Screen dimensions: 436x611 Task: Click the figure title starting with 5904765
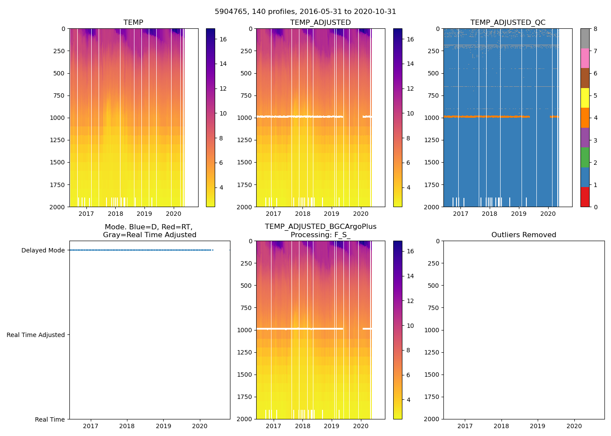305,12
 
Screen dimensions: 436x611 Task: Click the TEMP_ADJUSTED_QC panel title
508,22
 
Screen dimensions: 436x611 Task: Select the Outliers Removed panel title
524,235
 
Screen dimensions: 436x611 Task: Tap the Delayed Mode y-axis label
43,250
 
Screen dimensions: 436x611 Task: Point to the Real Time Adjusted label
36,335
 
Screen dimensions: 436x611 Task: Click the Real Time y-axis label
50,419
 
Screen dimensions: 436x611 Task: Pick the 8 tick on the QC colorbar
595,29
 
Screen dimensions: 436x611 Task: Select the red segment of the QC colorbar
585,197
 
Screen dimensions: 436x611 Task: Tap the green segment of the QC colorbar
585,157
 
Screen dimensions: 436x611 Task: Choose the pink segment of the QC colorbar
585,58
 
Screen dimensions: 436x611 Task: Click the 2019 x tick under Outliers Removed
538,426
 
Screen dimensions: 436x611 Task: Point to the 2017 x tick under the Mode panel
90,426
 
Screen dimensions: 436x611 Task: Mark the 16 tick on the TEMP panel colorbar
223,39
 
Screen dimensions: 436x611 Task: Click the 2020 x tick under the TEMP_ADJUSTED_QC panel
548,214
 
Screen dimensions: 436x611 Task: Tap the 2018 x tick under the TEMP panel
115,214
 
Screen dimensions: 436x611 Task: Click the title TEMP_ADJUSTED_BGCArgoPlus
320,227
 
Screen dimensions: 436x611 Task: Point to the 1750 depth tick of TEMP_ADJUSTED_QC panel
432,185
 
